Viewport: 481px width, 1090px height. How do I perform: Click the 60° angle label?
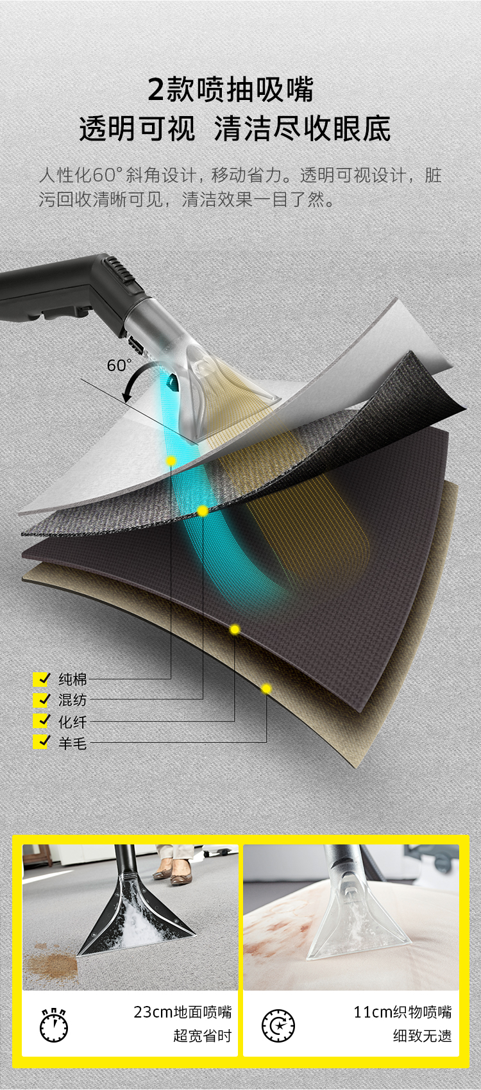119,365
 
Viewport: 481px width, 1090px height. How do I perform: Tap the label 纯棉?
72,679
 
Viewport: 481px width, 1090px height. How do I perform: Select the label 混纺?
72,700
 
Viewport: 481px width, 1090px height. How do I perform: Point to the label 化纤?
72,722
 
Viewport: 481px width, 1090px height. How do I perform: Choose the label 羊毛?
72,743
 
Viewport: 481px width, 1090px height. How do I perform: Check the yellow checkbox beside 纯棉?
42,679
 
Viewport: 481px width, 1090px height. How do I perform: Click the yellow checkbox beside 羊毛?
42,742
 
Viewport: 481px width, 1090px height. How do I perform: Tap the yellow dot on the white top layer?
171,461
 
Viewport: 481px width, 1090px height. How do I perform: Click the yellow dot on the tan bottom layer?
266,689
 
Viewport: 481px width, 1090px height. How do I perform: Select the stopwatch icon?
54,1025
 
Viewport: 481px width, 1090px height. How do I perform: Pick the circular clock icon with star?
278,1025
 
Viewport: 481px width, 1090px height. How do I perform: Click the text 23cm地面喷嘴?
182,1012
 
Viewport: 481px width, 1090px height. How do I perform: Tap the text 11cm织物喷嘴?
403,1012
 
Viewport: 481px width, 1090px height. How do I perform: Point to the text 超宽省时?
202,1036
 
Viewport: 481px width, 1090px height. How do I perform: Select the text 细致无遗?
422,1036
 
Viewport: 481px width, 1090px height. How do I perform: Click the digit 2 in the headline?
156,90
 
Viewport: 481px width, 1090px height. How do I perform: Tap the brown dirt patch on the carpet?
51,962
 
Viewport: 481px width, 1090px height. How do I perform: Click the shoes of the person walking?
171,875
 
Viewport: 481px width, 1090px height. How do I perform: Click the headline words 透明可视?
137,129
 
